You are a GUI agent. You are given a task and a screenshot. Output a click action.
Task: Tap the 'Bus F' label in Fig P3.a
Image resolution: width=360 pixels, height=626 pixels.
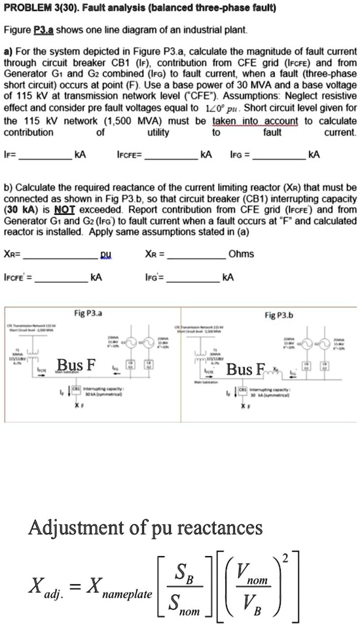pos(77,364)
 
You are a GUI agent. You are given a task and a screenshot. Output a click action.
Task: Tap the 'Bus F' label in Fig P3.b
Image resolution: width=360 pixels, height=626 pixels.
pos(243,369)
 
